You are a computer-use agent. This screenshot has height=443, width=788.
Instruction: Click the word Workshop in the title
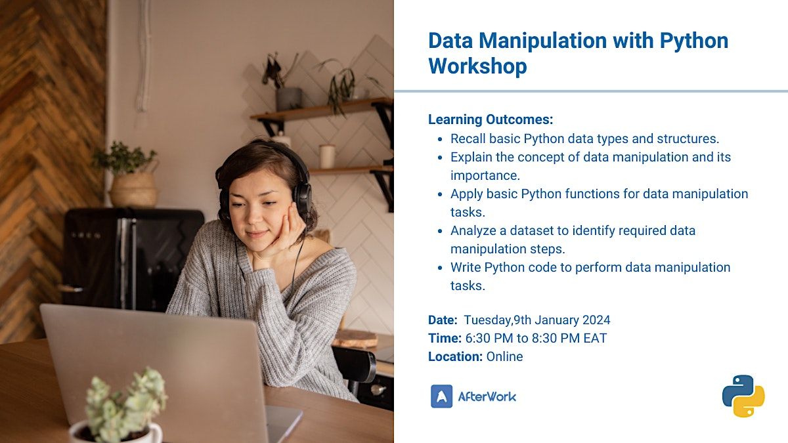[x=477, y=66]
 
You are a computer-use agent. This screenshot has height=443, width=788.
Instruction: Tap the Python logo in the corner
[x=743, y=396]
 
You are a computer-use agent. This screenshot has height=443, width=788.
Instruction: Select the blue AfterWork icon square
[x=441, y=396]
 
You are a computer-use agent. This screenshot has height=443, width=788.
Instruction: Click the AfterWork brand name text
[x=487, y=396]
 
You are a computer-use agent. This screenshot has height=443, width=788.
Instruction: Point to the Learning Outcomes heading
[x=491, y=119]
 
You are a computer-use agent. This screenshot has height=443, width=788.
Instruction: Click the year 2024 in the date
[x=596, y=320]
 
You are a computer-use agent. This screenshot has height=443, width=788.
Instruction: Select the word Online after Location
[x=504, y=356]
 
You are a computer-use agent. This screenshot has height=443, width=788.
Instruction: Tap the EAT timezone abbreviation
[x=595, y=338]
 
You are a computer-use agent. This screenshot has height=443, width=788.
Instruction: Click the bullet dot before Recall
[x=440, y=139]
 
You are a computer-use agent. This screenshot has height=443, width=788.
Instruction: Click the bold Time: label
[x=445, y=338]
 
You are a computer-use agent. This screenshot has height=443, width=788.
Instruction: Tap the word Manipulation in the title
[x=543, y=41]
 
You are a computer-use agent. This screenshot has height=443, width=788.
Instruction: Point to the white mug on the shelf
[x=327, y=156]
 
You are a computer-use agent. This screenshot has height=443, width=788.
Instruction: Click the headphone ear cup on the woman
[x=302, y=198]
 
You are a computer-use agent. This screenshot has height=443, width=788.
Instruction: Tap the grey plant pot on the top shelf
[x=288, y=99]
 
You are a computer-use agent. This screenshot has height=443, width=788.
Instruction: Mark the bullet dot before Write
[x=440, y=268]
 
